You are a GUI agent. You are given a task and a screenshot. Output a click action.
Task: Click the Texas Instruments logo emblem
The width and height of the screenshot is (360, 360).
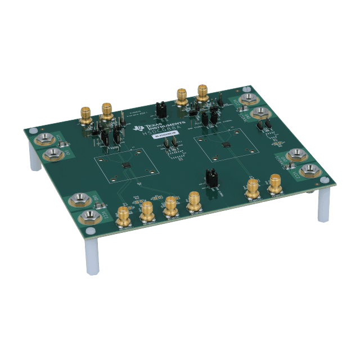pos(139,129)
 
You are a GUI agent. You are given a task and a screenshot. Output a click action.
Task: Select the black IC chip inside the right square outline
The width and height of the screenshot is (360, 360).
pos(226,145)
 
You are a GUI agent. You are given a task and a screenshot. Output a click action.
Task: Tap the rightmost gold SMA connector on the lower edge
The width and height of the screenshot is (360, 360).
pos(275,183)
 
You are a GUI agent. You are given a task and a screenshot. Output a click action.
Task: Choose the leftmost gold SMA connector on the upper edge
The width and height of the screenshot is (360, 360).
pos(86,115)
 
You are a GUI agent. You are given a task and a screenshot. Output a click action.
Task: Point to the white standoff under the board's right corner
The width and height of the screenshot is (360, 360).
pos(323,205)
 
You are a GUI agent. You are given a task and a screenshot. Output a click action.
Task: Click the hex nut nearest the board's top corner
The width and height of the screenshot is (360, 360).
pos(246,101)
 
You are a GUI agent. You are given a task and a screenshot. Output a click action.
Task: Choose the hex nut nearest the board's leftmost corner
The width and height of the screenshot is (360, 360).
pos(42,139)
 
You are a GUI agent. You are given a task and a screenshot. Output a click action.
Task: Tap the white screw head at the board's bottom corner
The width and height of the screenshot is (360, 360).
pos(87,230)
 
